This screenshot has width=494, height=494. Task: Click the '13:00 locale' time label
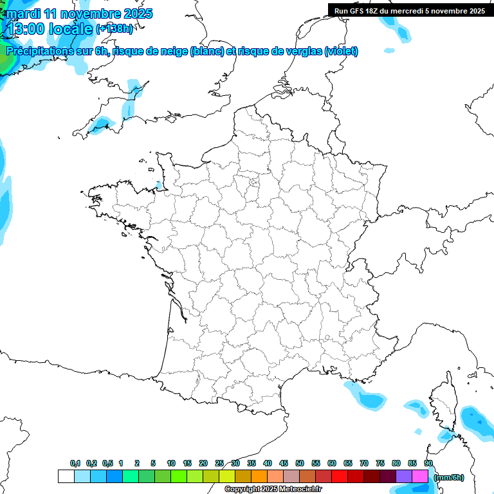coord(50,28)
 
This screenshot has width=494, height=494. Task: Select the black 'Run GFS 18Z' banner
coord(410,10)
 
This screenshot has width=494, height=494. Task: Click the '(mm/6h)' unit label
coord(449,477)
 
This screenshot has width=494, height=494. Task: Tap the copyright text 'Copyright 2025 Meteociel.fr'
coord(273,489)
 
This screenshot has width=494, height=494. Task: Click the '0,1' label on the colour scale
coord(75,463)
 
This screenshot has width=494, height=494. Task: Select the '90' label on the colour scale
coord(428,463)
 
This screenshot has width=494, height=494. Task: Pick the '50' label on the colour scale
coord(300,463)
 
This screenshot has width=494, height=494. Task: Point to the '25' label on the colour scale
coord(219,463)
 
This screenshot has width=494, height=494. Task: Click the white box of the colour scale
coord(66,477)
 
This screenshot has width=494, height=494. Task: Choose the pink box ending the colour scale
coord(420,477)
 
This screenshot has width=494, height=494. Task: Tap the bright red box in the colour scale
coord(339,477)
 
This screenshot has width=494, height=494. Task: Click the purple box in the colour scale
coord(404,477)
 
